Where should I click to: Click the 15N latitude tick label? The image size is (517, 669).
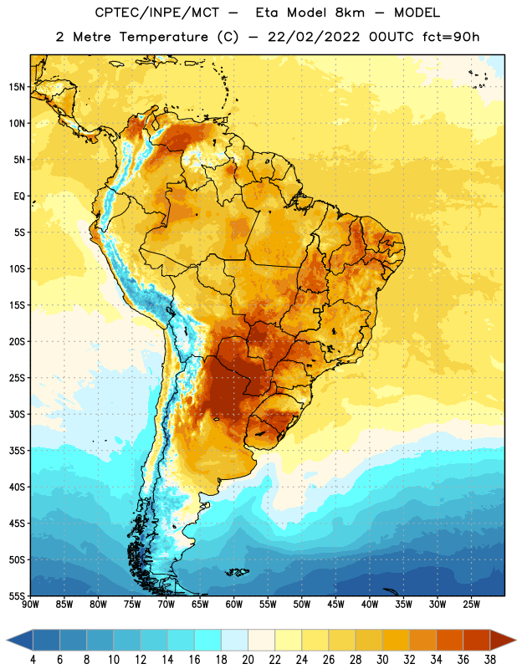coord(17,87)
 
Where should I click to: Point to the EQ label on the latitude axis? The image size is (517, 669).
coord(19,197)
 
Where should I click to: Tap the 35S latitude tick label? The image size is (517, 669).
coord(17,451)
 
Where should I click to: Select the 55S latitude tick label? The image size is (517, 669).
coord(17,595)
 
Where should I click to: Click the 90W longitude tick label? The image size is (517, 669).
coord(31,605)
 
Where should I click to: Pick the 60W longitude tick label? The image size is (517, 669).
coord(234,605)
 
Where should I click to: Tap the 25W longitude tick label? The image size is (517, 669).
coord(471,605)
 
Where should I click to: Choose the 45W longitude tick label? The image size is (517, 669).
coord(335,605)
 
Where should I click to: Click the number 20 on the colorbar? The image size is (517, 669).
coord(248,660)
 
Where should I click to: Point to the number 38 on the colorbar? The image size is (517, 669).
coord(490,660)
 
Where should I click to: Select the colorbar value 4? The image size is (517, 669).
coord(33,660)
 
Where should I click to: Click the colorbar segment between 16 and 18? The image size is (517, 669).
coord(207,640)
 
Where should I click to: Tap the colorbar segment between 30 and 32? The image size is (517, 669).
coord(396,640)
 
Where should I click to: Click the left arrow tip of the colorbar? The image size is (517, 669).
coord(7,640)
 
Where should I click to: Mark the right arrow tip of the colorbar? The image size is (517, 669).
coord(515,640)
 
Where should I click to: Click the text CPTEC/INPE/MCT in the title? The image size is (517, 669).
coord(156,13)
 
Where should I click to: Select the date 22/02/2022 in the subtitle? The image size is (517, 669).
coord(314,37)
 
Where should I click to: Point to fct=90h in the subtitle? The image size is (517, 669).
coord(451,37)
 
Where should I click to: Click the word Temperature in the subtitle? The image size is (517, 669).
coord(163,38)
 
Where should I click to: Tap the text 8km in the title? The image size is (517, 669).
coord(350,13)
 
